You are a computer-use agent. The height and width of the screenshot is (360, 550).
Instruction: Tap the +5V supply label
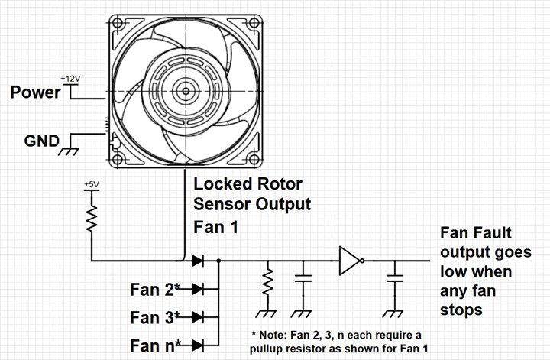point(91,185)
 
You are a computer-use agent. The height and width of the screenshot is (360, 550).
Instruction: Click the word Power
point(34,92)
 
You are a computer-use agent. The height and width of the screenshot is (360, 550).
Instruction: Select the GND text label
point(41,141)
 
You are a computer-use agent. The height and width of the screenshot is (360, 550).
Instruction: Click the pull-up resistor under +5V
point(92,216)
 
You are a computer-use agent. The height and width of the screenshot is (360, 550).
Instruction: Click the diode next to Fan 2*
point(197,289)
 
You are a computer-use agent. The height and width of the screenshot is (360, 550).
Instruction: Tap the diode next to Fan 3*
point(197,316)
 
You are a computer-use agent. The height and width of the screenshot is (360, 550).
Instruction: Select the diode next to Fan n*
point(197,344)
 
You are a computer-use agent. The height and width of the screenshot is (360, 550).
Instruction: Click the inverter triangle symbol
point(349,261)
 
